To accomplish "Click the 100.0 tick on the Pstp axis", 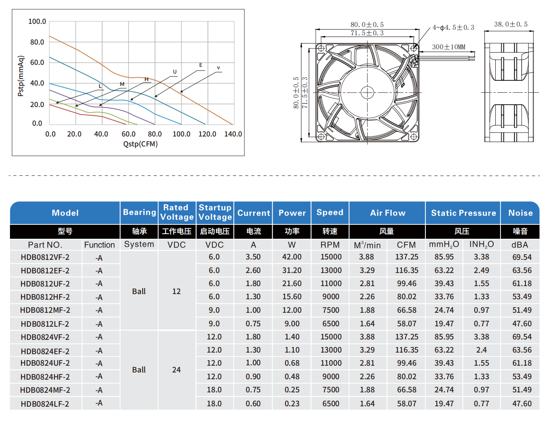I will click(37, 21).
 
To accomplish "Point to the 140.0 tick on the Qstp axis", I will click(233, 134).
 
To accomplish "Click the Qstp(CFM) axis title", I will click(140, 144).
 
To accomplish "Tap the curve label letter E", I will click(201, 65).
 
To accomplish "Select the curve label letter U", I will click(175, 72).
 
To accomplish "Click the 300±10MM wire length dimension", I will click(448, 47).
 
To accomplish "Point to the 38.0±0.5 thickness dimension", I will click(510, 25).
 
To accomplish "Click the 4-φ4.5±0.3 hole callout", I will click(453, 28).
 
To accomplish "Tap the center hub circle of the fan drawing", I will click(367, 93).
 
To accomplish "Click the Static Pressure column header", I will click(463, 213).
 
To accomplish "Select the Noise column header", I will click(520, 213).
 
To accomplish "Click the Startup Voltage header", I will click(215, 212).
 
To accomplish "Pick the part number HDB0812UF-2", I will click(45, 284).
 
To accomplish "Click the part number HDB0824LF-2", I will click(45, 404).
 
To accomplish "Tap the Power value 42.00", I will click(292, 257).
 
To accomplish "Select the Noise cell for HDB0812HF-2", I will click(522, 297).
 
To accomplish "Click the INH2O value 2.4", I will click(481, 350).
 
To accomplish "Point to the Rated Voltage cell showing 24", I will click(177, 370).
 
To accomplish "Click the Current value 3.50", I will click(253, 257).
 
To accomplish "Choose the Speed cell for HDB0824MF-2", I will click(331, 390).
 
